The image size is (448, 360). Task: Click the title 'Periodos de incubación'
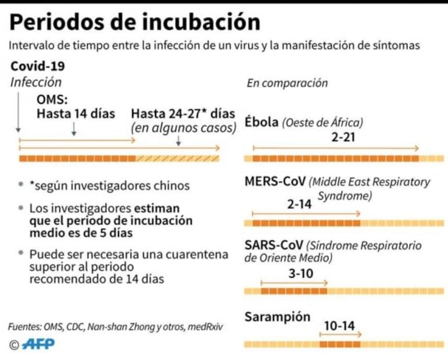point(135,22)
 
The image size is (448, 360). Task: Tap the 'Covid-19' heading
point(38,65)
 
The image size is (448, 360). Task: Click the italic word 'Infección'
point(36,82)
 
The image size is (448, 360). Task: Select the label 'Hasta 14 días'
point(76,113)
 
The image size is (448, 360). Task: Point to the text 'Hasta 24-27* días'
point(183,113)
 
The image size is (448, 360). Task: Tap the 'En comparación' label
point(287,83)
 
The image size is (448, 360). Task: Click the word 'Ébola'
point(261,123)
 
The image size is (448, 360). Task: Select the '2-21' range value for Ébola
point(343,138)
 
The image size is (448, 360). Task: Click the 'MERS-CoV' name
point(274,182)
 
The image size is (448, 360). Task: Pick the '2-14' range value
point(299,204)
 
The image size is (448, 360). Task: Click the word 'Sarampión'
point(277,317)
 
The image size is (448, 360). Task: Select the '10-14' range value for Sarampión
point(339,326)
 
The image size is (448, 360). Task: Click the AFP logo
point(38,344)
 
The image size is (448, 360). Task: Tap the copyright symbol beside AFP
point(14,345)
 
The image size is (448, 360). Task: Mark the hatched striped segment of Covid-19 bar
point(177,159)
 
